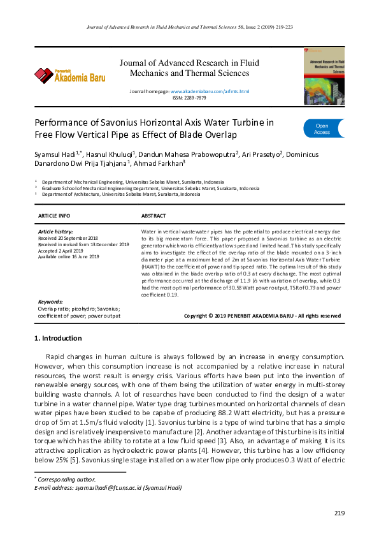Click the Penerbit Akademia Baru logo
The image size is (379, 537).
69,76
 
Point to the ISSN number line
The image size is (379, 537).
189,98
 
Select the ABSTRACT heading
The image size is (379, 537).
154,216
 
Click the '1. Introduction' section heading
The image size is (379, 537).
58,338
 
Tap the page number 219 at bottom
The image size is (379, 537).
339,513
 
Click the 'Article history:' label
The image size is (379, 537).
56,232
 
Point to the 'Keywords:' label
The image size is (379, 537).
50,302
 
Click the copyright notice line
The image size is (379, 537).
262,316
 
